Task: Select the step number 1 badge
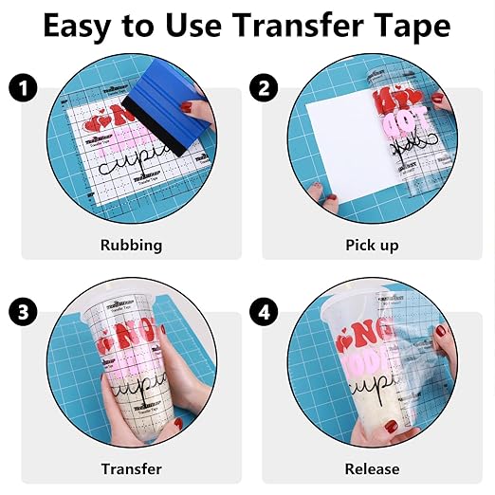(24, 89)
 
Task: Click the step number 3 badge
(24, 312)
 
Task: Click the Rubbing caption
(131, 245)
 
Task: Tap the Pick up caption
(371, 245)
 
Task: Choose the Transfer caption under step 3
(131, 468)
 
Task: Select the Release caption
(372, 468)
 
